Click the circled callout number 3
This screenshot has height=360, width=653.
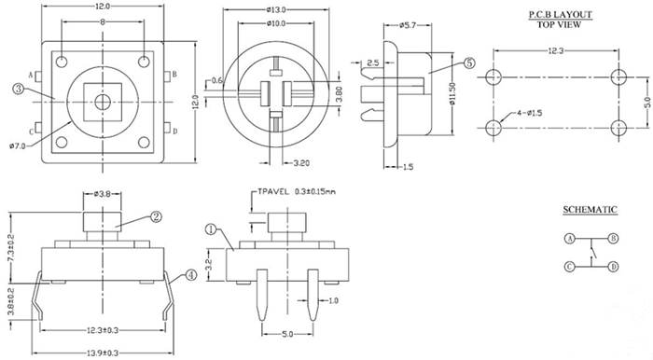pyautogui.click(x=18, y=89)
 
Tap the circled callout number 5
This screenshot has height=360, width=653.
pyautogui.click(x=468, y=63)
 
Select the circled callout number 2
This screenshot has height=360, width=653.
pyautogui.click(x=156, y=216)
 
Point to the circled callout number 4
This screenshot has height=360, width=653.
pyautogui.click(x=190, y=274)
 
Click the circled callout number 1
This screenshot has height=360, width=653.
pyautogui.click(x=210, y=229)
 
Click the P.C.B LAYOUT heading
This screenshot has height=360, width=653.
pyautogui.click(x=560, y=15)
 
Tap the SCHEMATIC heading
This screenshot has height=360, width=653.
pyautogui.click(x=590, y=209)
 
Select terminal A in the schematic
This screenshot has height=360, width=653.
pyautogui.click(x=570, y=239)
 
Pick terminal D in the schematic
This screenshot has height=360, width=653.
pyautogui.click(x=613, y=267)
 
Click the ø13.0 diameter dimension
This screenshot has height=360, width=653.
pyautogui.click(x=276, y=10)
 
